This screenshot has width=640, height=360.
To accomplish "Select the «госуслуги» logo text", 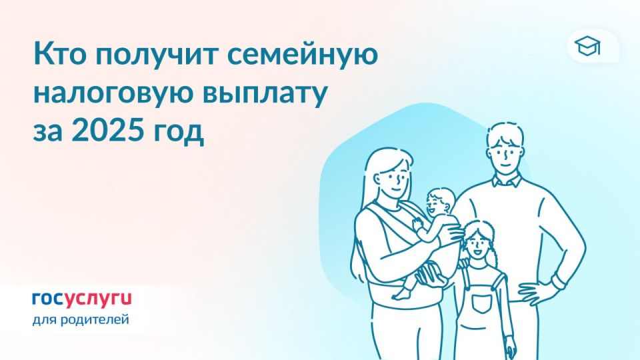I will click(81, 297).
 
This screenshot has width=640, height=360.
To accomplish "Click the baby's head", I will click(440, 200).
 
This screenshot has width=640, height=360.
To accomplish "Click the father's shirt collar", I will click(505, 181).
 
